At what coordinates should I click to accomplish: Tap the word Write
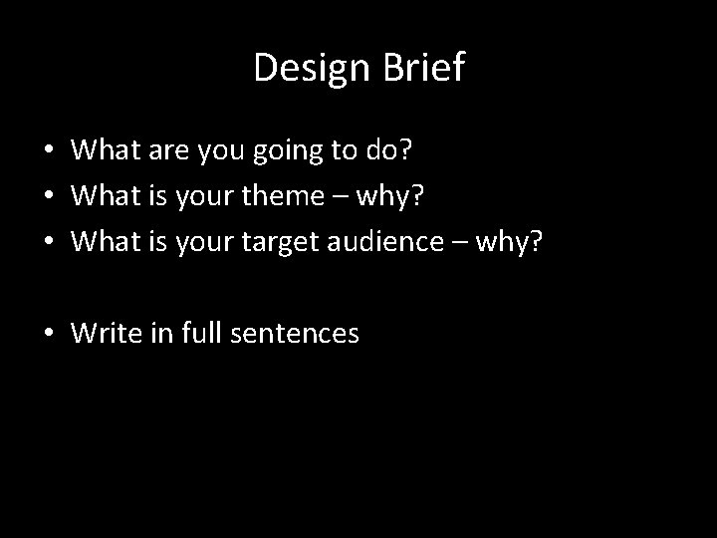pyautogui.click(x=103, y=333)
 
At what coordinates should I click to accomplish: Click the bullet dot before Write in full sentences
pyautogui.click(x=48, y=334)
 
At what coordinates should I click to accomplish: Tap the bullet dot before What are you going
pyautogui.click(x=48, y=152)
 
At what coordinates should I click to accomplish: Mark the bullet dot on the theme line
pyautogui.click(x=48, y=197)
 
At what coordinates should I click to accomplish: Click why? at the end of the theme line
pyautogui.click(x=392, y=196)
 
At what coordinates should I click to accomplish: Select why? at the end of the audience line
pyautogui.click(x=517, y=241)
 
